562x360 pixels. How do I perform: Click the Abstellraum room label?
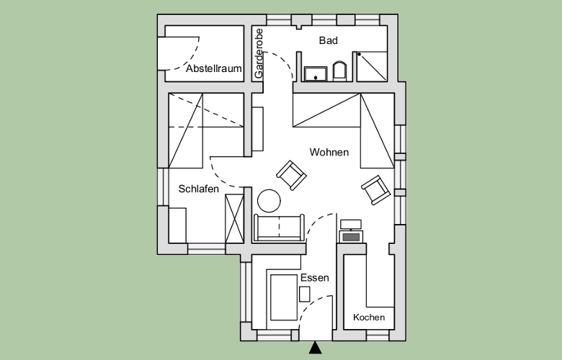coord(213,68)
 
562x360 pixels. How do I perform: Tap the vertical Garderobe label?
coord(259,54)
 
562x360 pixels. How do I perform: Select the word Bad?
coord(329,40)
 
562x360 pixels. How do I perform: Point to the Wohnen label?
coord(329,152)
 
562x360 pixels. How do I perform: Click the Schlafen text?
coord(199,189)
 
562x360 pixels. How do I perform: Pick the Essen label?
coord(315,278)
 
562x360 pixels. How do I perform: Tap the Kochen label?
coord(369,318)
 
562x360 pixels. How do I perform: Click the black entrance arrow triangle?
coord(316,348)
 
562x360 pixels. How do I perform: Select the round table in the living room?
coord(269,201)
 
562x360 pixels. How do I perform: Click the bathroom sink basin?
coord(316,73)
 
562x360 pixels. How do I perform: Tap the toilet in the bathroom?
coord(339,71)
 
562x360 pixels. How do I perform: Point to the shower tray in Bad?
coord(372,66)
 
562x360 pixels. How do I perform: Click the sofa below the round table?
coord(280,228)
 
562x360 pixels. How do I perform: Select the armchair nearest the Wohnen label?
coord(291,175)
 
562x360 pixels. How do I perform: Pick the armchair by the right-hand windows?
coord(376,190)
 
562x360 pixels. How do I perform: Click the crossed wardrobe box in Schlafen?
coord(234,218)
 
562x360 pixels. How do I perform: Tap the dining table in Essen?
coord(284,297)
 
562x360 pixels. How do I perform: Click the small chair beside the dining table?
coord(305,294)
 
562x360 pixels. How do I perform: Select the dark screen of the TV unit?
coord(351,237)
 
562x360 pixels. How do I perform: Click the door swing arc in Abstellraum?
coord(191,58)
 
